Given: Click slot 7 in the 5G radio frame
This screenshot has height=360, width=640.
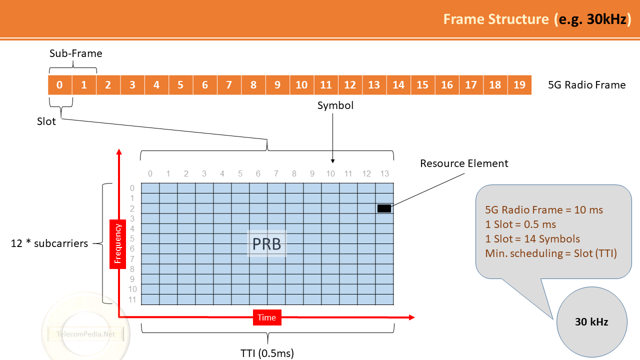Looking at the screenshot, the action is (x=229, y=85).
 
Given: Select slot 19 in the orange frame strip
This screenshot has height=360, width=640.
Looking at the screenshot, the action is (x=519, y=85).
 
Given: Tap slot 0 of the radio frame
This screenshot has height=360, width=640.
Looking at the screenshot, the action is (x=59, y=85).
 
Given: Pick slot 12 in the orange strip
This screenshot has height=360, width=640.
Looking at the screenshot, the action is (x=350, y=85).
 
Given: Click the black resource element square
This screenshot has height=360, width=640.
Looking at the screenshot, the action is (x=384, y=208).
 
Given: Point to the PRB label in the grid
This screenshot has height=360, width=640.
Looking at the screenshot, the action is (x=267, y=244).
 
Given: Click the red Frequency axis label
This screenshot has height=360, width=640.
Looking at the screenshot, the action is (x=117, y=244).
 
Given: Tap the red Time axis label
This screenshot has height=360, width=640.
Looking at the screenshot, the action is (x=267, y=317).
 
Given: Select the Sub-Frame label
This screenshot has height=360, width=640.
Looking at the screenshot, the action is (x=75, y=53).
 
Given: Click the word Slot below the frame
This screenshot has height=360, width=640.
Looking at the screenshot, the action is (x=46, y=121).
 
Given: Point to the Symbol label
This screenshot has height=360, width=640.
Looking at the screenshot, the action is (x=335, y=105).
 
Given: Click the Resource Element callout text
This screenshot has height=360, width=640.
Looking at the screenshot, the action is (x=464, y=163).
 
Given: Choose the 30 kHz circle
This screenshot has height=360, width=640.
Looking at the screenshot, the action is (x=591, y=322).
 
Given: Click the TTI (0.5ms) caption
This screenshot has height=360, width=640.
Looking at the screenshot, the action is (x=267, y=353).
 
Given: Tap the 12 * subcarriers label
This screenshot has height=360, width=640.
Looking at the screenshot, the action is (x=49, y=243).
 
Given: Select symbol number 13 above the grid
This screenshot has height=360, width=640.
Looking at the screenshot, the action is (x=384, y=173).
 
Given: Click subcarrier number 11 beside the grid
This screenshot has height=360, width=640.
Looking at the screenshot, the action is (x=132, y=299).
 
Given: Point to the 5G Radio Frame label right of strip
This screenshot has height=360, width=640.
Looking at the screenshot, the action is (x=587, y=85).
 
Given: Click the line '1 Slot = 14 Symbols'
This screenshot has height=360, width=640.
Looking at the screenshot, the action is (x=532, y=239).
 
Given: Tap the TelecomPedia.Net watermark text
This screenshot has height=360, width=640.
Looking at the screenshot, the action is (x=85, y=334).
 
